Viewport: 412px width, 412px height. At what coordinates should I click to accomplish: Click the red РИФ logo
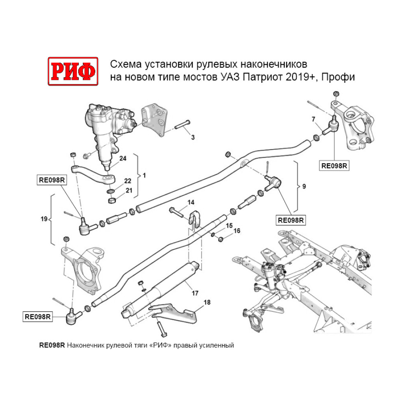point(73,71)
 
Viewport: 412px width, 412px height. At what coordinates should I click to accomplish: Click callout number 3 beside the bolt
point(192,137)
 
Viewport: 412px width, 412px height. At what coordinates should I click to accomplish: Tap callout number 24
point(122,159)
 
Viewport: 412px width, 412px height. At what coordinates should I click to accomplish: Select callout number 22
point(128,181)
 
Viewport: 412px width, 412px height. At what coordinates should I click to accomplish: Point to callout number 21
point(129,190)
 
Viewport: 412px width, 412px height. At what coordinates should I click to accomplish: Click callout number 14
point(191,202)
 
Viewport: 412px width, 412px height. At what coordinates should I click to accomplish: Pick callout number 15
point(229,225)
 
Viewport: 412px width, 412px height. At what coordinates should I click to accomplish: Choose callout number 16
point(237,231)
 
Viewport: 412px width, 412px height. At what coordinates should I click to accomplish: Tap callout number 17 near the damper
point(195,293)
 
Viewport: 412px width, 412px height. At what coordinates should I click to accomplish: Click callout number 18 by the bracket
point(207,302)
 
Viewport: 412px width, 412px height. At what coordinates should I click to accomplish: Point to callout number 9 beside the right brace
point(304,187)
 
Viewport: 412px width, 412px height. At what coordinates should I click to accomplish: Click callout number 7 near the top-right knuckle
point(314,119)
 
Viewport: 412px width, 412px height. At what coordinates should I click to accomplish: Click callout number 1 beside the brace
point(144,176)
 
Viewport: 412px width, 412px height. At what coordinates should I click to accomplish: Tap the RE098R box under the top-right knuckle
point(335,166)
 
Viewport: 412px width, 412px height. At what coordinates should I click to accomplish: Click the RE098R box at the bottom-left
point(37,317)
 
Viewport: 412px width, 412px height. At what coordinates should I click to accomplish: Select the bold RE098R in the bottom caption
point(51,345)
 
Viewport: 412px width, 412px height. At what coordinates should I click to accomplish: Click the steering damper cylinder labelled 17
point(165,288)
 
